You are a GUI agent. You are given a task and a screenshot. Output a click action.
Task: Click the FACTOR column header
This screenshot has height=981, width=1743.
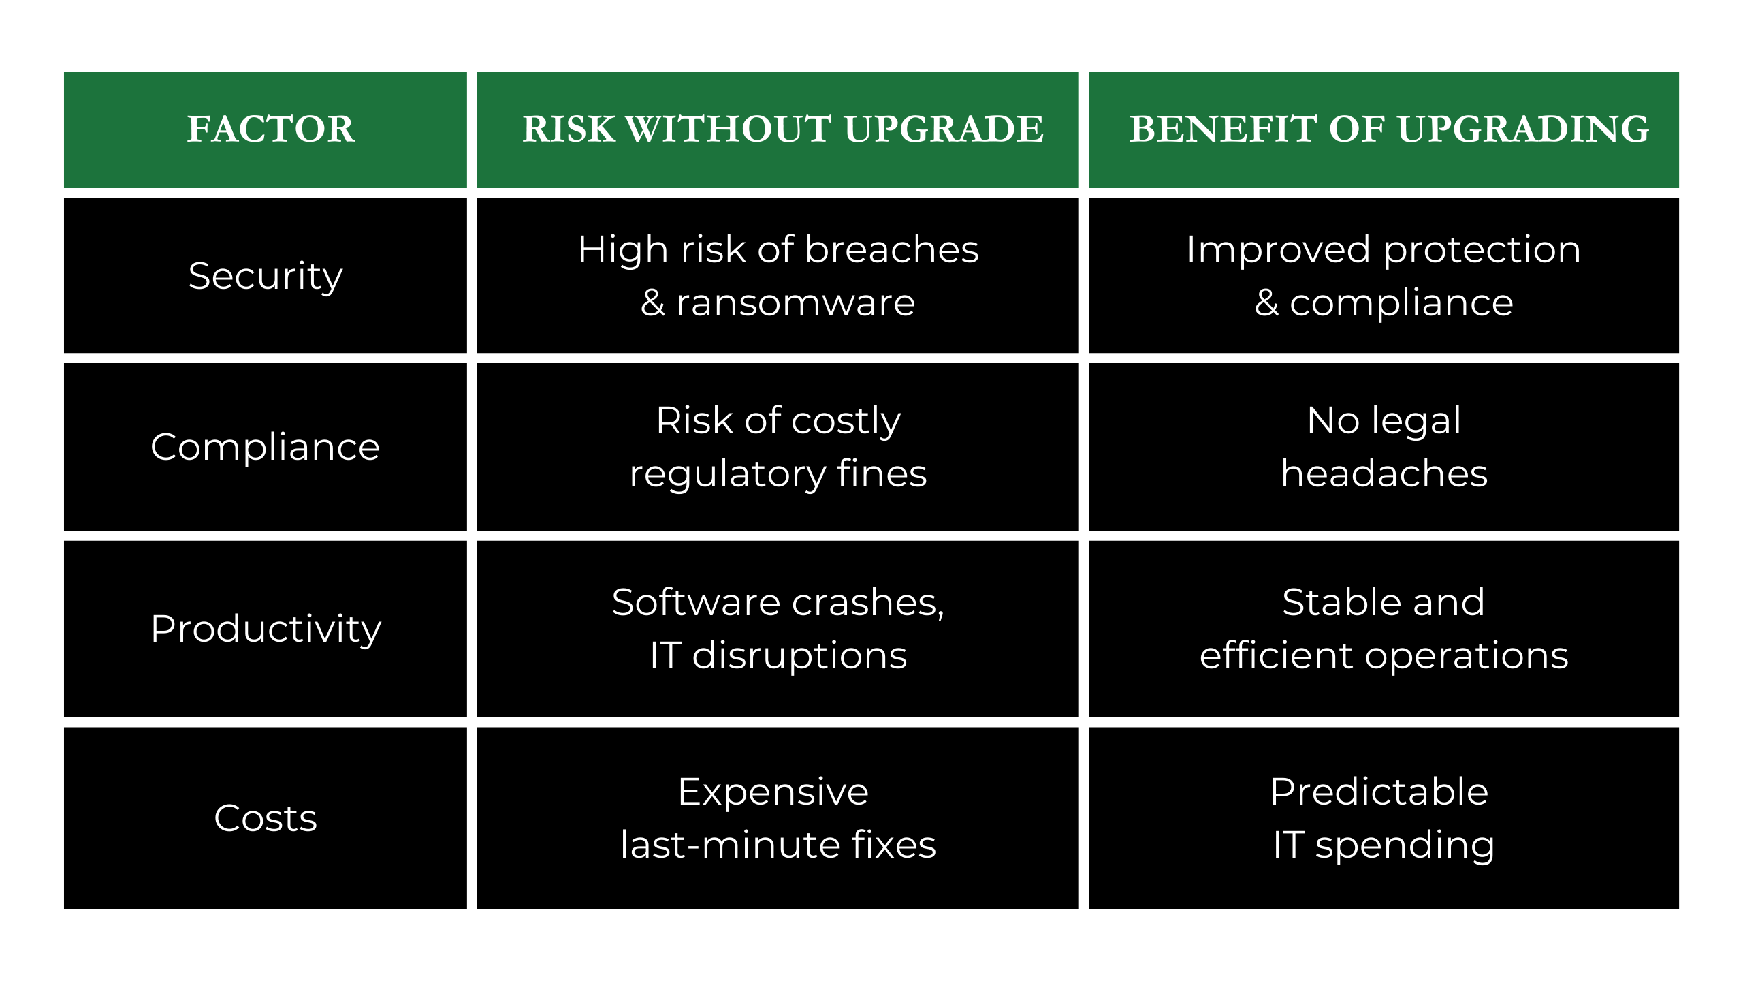click(x=271, y=129)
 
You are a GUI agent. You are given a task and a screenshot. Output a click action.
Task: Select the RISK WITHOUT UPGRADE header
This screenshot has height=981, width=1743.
click(x=783, y=129)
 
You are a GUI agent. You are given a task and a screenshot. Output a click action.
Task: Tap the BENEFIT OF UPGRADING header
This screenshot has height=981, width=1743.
click(x=1389, y=129)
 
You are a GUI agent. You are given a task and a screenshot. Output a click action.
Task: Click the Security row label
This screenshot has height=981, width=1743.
click(x=266, y=277)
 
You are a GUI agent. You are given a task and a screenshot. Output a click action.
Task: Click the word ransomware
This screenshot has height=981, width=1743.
click(x=795, y=303)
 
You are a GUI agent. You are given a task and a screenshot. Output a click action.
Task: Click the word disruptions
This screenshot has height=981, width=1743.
click(x=799, y=657)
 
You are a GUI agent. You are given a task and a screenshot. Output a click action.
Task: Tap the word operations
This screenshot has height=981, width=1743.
click(x=1467, y=657)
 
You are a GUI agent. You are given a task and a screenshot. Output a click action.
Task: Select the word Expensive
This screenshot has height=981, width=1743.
click(x=773, y=792)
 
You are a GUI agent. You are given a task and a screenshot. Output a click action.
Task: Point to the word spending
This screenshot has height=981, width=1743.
click(x=1405, y=847)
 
